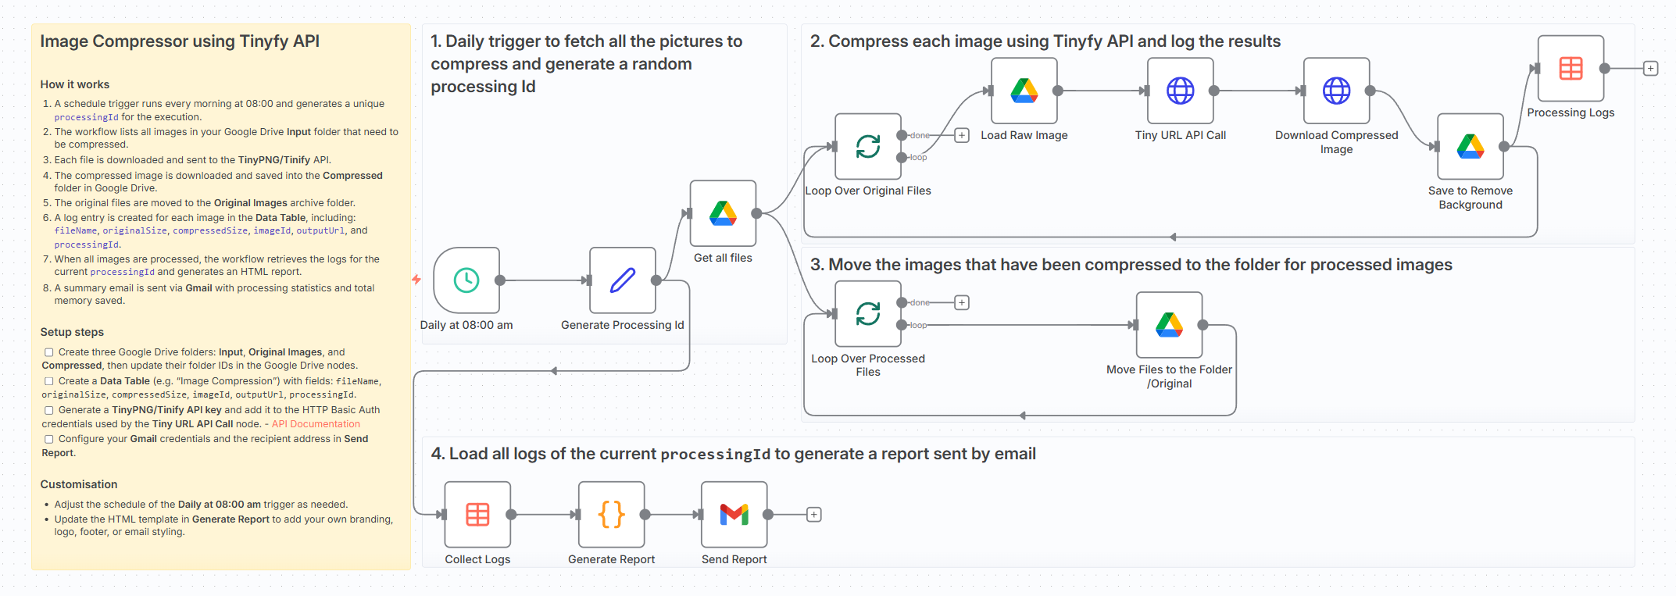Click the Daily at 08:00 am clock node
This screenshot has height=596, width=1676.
(466, 280)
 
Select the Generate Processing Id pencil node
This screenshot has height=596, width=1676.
(622, 280)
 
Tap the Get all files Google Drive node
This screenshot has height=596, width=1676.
(723, 213)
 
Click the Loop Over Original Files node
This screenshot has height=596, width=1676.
(867, 147)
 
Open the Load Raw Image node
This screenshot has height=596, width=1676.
(1024, 91)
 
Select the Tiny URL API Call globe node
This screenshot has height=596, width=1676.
(1180, 91)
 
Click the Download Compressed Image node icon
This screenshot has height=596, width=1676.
(1336, 91)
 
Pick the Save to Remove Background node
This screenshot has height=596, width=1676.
(1470, 147)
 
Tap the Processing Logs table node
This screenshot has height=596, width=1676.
(1571, 69)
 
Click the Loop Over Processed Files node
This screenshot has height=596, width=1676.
(867, 314)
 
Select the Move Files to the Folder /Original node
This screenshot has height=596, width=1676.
(1169, 325)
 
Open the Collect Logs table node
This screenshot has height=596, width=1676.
(477, 515)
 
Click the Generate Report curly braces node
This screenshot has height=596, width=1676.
(611, 515)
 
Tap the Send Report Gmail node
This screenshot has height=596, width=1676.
(734, 515)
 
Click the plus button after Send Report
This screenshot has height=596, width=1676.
(813, 515)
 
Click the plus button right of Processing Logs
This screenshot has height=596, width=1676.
(1650, 69)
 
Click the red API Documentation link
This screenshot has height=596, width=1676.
(316, 424)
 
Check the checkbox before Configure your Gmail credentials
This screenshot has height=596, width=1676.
(49, 439)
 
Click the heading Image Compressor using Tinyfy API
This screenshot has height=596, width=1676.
(180, 41)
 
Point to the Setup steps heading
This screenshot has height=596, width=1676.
(72, 332)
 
